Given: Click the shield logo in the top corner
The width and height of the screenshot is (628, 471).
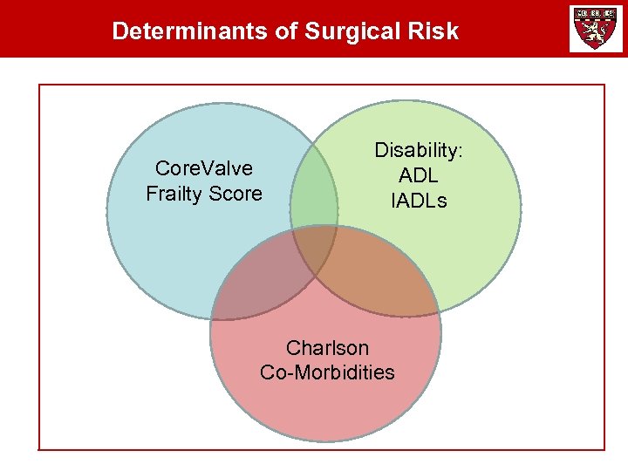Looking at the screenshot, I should tap(596, 28).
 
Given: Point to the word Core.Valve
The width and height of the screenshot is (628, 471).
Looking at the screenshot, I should tap(203, 167).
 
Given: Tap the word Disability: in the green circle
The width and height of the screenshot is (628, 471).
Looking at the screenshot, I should tap(419, 150).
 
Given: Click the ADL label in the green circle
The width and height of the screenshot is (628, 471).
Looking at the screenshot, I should tap(419, 175).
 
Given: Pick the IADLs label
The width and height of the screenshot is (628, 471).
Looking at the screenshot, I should tap(419, 201).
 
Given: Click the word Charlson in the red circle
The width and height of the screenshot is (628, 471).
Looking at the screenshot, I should tap(327, 348).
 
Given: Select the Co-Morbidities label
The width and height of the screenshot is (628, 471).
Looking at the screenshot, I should tap(327, 372).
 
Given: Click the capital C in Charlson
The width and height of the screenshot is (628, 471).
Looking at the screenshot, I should tap(292, 348).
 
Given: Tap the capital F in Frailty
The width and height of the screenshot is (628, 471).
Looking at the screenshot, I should tap(151, 194).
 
